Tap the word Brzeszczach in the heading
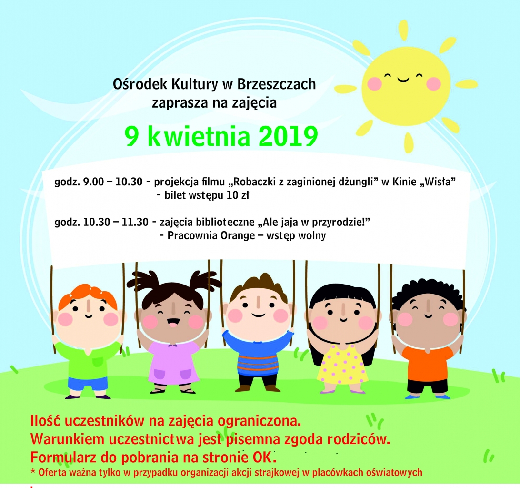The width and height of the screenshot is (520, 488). [277, 84]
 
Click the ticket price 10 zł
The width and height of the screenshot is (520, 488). [238, 195]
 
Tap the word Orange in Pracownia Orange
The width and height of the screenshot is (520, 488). [238, 236]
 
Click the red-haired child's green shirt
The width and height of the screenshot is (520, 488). [89, 360]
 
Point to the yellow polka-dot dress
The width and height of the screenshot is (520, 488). [342, 365]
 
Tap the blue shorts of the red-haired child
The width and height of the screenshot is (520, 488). [88, 383]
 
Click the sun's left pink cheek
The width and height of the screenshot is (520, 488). [375, 84]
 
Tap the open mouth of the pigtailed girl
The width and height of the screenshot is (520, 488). [173, 321]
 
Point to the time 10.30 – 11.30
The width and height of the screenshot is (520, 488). [116, 222]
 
